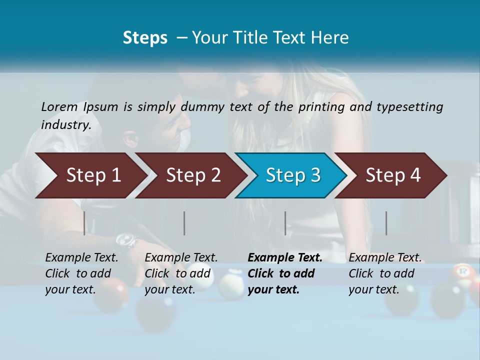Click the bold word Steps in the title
tap(145, 38)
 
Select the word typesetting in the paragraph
tap(409, 106)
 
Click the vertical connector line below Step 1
tap(84, 223)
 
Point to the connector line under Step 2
tap(184, 223)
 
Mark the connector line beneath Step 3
tap(285, 223)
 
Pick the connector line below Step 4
tap(386, 223)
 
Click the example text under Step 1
tap(81, 273)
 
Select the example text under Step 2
tap(181, 273)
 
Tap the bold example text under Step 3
tap(285, 273)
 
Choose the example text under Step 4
tap(385, 273)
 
